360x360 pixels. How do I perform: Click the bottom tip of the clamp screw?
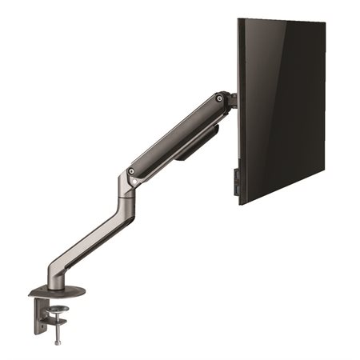pyautogui.click(x=56, y=342)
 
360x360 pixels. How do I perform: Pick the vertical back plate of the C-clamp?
pyautogui.click(x=38, y=312)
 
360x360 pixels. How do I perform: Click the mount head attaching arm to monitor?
pyautogui.click(x=231, y=102)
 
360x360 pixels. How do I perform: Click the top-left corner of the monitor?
pyautogui.click(x=238, y=19)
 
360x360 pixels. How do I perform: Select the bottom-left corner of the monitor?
pyautogui.click(x=239, y=203)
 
